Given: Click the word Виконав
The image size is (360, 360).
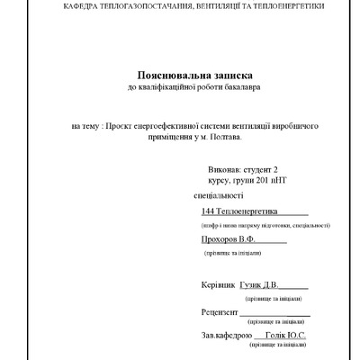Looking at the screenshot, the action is pos(225,168).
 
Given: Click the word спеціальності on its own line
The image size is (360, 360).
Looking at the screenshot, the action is pos(219,194).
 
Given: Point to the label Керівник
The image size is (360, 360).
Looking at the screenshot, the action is pos(220,284).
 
